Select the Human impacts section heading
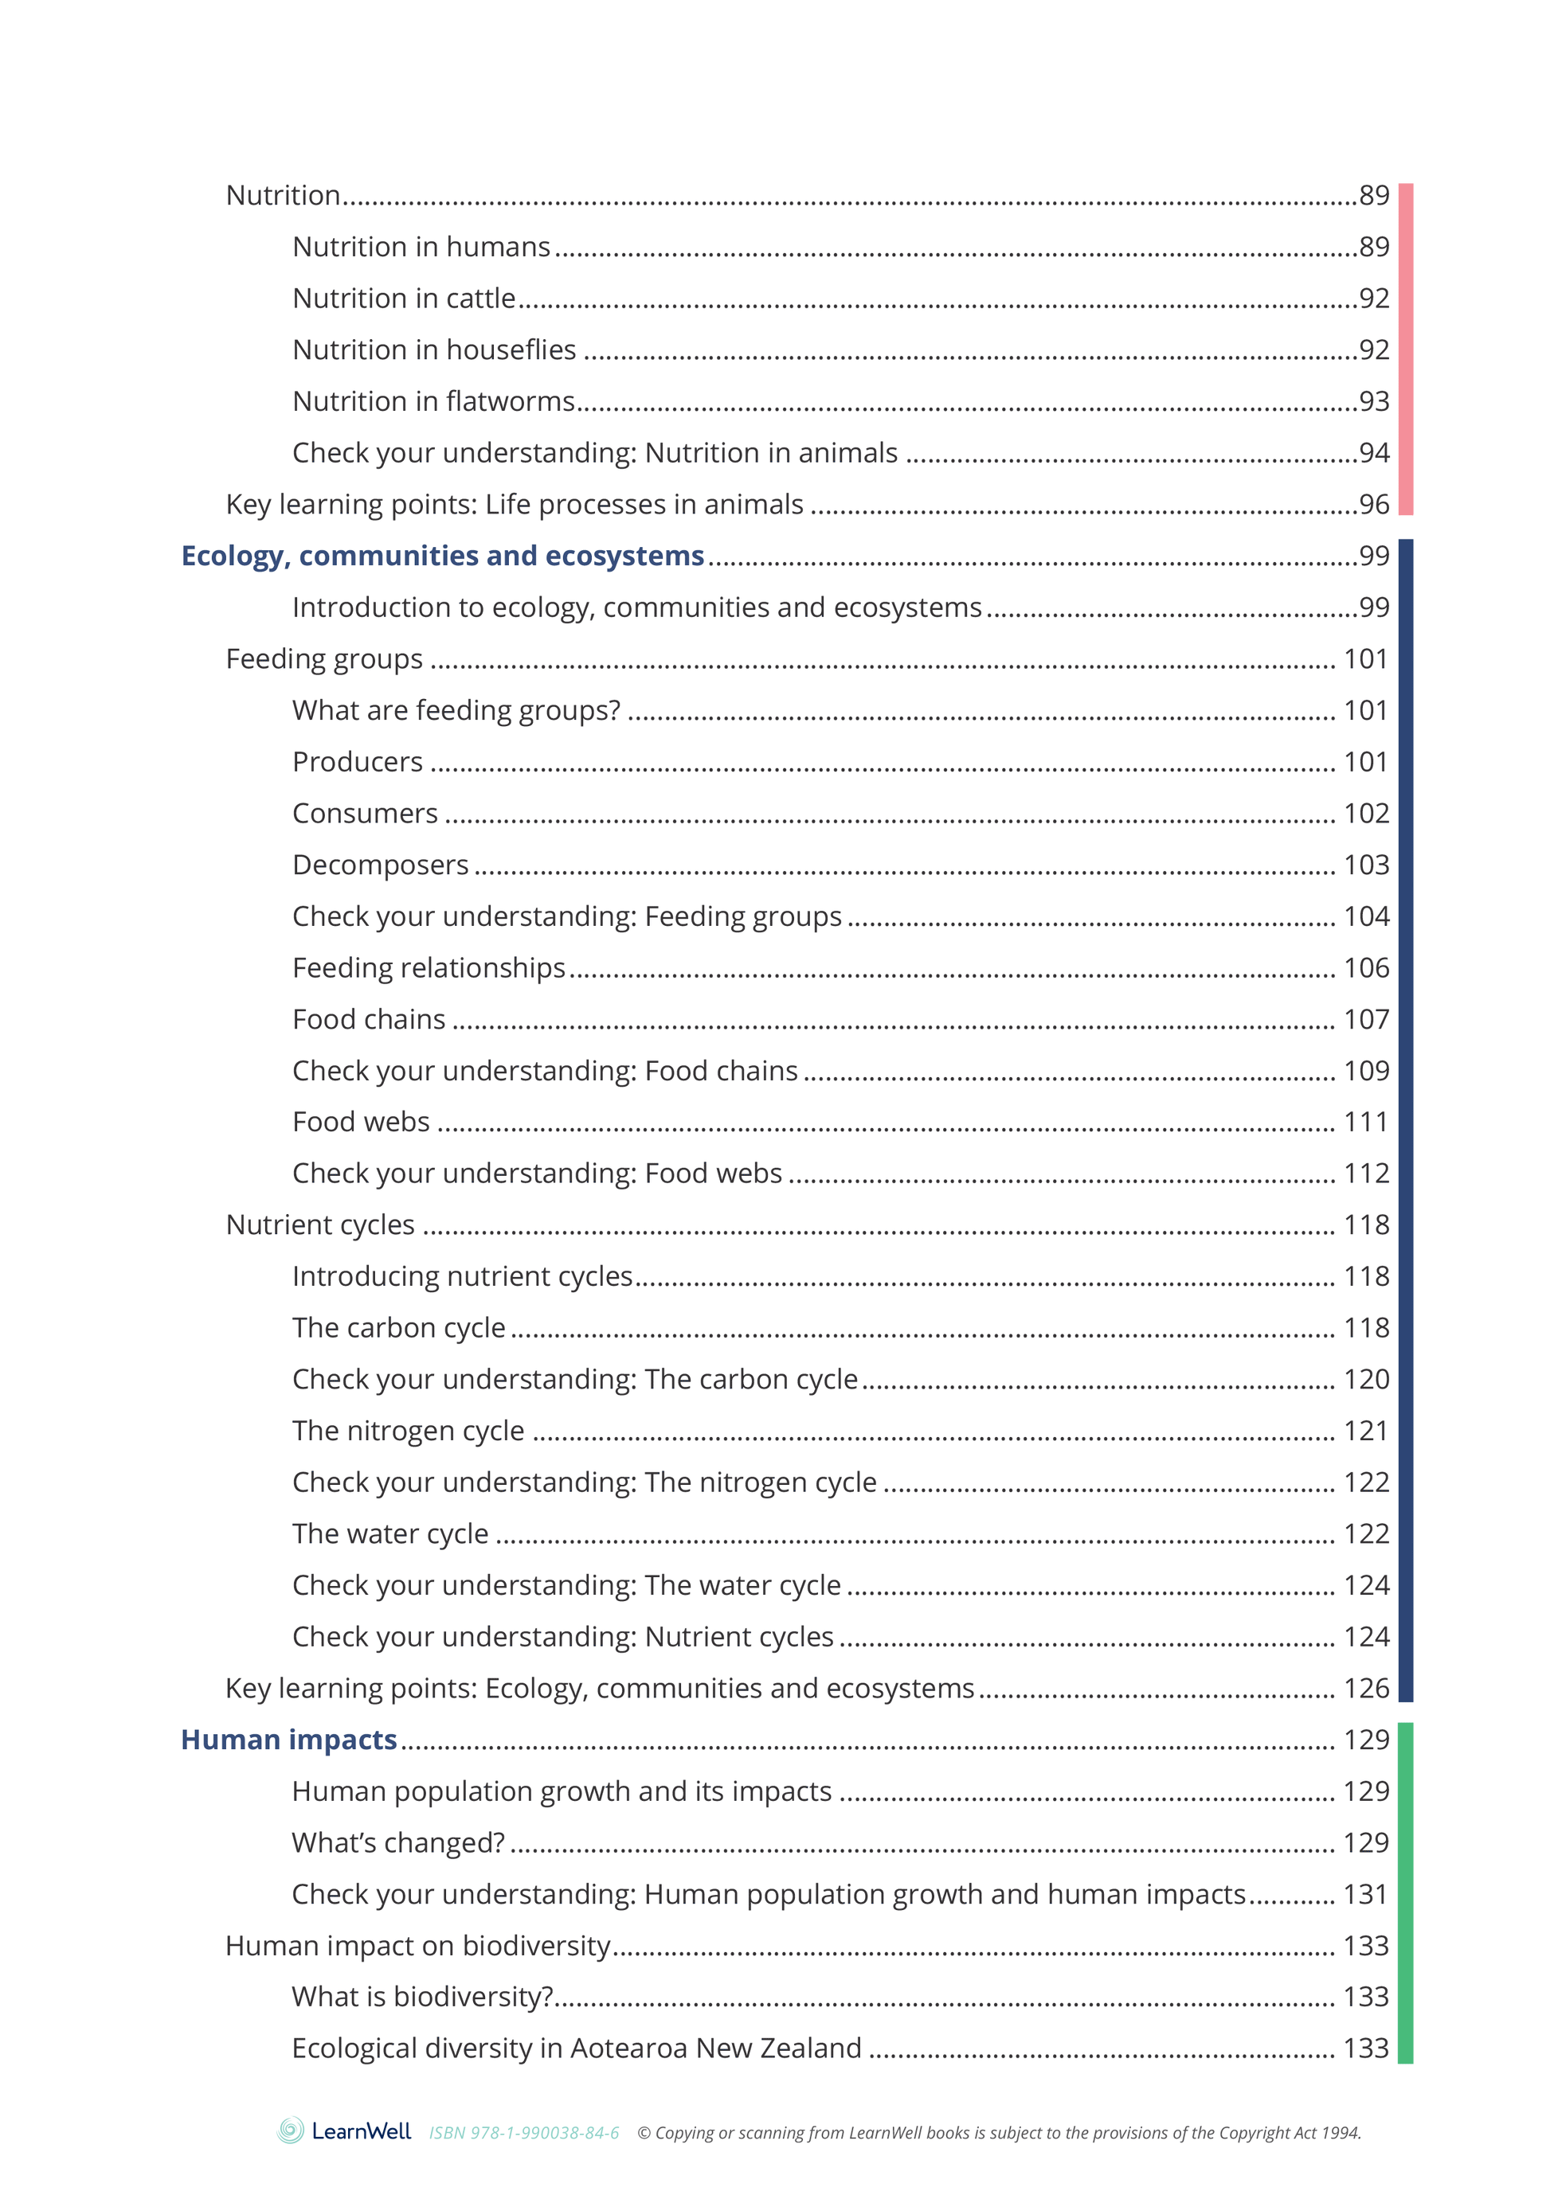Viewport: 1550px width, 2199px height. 288,1740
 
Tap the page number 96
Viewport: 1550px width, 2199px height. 1374,504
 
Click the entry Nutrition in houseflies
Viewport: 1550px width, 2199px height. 434,350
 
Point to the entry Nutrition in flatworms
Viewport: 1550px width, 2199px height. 433,401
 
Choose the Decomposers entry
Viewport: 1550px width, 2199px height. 380,865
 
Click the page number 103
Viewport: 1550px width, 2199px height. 1366,865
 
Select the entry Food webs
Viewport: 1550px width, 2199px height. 361,1122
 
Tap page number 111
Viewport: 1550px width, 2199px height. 1366,1122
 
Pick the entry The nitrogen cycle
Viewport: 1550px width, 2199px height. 408,1431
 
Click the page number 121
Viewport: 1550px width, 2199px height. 1366,1431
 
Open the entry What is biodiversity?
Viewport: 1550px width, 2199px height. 422,1997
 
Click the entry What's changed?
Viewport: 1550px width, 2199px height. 397,1842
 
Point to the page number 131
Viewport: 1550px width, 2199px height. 1366,1894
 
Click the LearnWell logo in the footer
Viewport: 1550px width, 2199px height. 344,2131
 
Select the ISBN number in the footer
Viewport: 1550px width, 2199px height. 524,2133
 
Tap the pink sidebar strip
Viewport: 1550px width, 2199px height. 1405,349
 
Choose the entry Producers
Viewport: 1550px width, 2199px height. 358,763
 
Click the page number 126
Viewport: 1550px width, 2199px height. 1366,1689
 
